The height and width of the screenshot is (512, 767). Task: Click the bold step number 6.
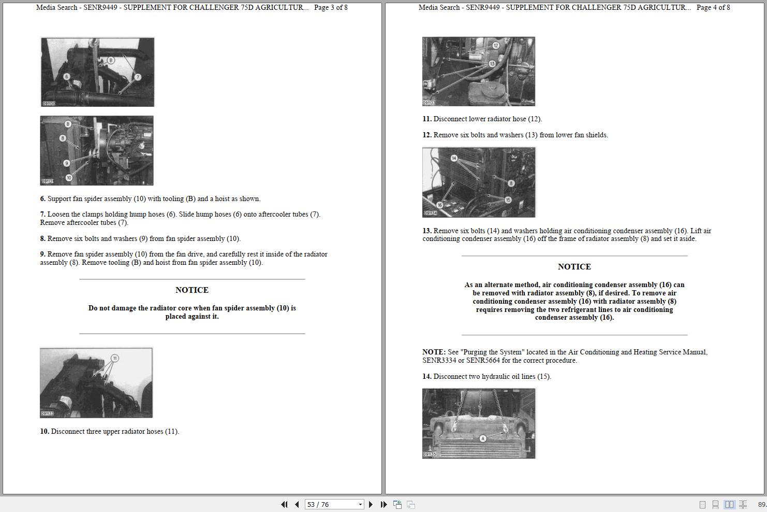[x=42, y=199]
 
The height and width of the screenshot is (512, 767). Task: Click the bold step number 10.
[x=45, y=432]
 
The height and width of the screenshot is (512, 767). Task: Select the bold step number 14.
[x=427, y=377]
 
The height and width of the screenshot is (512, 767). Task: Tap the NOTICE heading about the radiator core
[x=192, y=290]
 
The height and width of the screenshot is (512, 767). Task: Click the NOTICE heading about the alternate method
[x=574, y=267]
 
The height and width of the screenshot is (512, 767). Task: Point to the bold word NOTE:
[x=434, y=352]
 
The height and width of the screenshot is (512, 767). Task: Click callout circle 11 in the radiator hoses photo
[x=115, y=358]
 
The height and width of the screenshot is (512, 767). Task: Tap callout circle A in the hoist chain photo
[x=483, y=438]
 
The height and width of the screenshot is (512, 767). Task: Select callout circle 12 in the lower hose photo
[x=496, y=46]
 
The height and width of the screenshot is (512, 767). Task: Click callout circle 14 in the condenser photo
[x=454, y=158]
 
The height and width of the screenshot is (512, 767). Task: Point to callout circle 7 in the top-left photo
[x=138, y=77]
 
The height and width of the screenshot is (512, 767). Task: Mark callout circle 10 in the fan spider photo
[x=69, y=177]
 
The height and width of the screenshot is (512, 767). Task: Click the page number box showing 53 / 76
[x=334, y=504]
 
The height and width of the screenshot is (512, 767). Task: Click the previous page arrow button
[x=297, y=504]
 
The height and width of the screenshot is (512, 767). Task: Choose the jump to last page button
[x=384, y=504]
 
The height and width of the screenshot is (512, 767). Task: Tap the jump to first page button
[x=284, y=504]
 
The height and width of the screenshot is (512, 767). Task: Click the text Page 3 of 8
[x=331, y=8]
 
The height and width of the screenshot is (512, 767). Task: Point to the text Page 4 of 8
[x=713, y=8]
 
